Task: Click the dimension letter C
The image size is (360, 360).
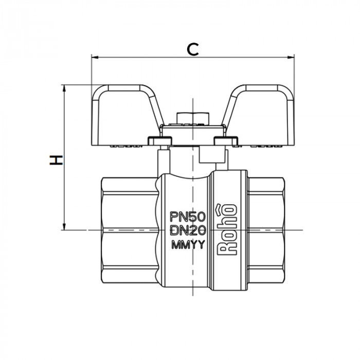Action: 192,49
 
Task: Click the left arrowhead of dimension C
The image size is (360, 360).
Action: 94,57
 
